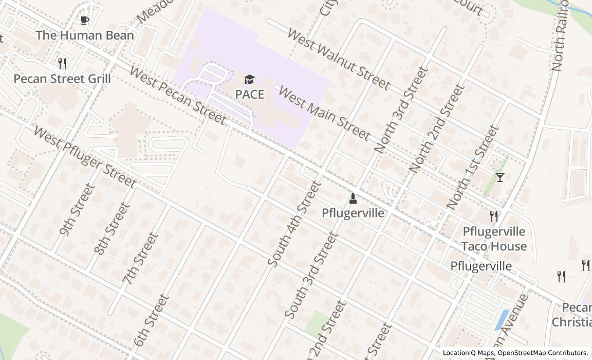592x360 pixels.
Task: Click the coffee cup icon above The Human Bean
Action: point(85,21)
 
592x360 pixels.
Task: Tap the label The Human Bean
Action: point(85,35)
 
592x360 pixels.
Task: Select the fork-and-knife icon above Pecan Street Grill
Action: point(62,64)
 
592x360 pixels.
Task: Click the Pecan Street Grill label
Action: point(62,79)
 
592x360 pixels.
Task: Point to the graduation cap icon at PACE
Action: point(249,80)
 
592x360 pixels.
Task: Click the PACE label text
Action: point(250,95)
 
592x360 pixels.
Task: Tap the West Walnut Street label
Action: point(339,59)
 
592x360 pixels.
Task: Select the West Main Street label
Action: point(324,113)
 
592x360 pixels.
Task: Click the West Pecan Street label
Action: point(177,96)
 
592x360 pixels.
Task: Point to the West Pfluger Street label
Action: point(85,156)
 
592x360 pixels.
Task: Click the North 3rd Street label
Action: point(401,110)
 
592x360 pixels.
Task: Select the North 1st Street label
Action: point(473,167)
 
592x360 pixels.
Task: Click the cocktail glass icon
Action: point(500,177)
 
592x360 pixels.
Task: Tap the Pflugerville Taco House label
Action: point(494,239)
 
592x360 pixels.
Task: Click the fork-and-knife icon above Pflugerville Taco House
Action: point(494,216)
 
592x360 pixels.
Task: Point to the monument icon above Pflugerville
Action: point(353,198)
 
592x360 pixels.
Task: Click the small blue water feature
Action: point(502,319)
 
